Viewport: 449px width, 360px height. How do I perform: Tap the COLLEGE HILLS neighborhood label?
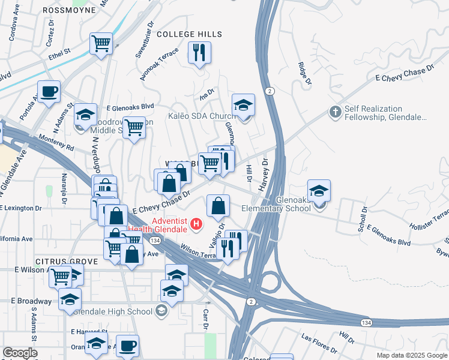(x=189, y=34)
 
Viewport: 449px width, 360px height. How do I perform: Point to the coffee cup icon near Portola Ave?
(x=49, y=92)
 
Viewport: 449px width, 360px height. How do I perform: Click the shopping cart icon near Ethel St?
(x=101, y=43)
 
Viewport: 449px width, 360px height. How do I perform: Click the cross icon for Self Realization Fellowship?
(x=335, y=112)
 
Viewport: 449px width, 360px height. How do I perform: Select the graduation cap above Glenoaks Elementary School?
(x=319, y=191)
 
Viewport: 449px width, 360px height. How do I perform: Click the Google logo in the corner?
(x=19, y=353)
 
